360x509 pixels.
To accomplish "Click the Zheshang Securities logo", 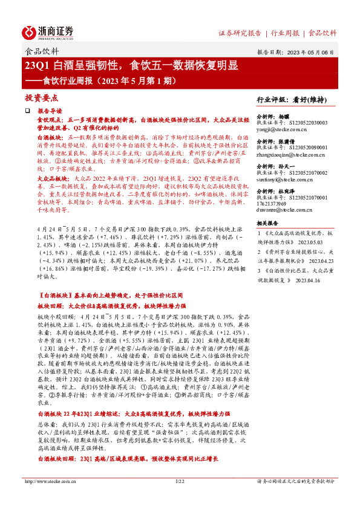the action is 48,31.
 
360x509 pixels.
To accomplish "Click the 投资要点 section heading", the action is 41,97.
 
